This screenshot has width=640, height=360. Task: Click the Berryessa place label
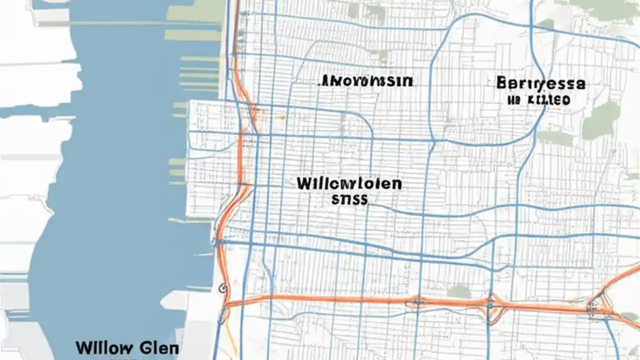point(540,83)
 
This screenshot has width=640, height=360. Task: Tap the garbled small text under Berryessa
point(538,100)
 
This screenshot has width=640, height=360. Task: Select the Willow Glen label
point(127,348)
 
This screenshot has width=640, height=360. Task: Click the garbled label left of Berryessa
point(366,81)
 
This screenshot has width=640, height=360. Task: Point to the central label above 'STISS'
point(349,184)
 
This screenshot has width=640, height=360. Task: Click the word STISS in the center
point(349,200)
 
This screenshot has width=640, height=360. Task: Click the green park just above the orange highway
point(458,291)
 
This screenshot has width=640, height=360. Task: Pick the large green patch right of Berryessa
point(602,120)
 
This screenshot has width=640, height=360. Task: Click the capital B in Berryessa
point(502,83)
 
